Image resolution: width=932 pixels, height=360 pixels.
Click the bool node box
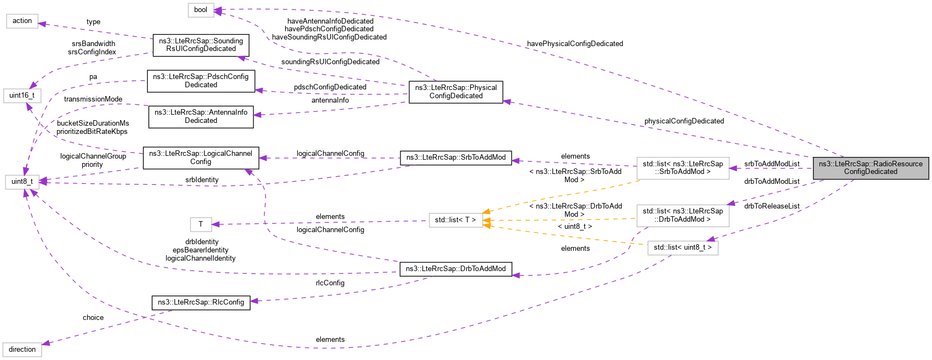coord(201,10)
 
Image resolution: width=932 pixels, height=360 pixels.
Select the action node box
coord(22,21)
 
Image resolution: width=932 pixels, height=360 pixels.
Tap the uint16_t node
coord(22,95)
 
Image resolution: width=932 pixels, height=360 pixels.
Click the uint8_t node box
coord(22,181)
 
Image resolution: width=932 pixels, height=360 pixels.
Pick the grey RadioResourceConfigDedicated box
coord(871,167)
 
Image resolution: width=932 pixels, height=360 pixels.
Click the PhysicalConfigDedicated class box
coord(456,92)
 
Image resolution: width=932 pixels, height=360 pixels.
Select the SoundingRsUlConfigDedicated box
coord(201,45)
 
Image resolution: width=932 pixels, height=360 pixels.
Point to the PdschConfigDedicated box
coord(201,81)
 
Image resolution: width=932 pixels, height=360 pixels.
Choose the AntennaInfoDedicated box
coord(201,116)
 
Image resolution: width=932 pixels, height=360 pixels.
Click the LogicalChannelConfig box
coord(201,157)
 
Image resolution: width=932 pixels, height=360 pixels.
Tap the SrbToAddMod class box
coord(456,157)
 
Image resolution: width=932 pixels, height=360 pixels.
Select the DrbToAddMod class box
coord(456,269)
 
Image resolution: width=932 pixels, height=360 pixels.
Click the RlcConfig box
coord(201,302)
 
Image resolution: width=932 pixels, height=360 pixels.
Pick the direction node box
coord(22,350)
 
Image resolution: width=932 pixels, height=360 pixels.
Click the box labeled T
coord(201,224)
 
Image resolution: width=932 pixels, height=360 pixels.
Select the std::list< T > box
coord(456,220)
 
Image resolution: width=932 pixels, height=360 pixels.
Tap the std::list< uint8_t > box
coord(682,248)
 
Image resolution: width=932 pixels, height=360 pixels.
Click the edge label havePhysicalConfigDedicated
coord(575,44)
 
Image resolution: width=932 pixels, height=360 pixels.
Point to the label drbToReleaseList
coord(772,206)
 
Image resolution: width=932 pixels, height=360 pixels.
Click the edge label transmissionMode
coord(93,99)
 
